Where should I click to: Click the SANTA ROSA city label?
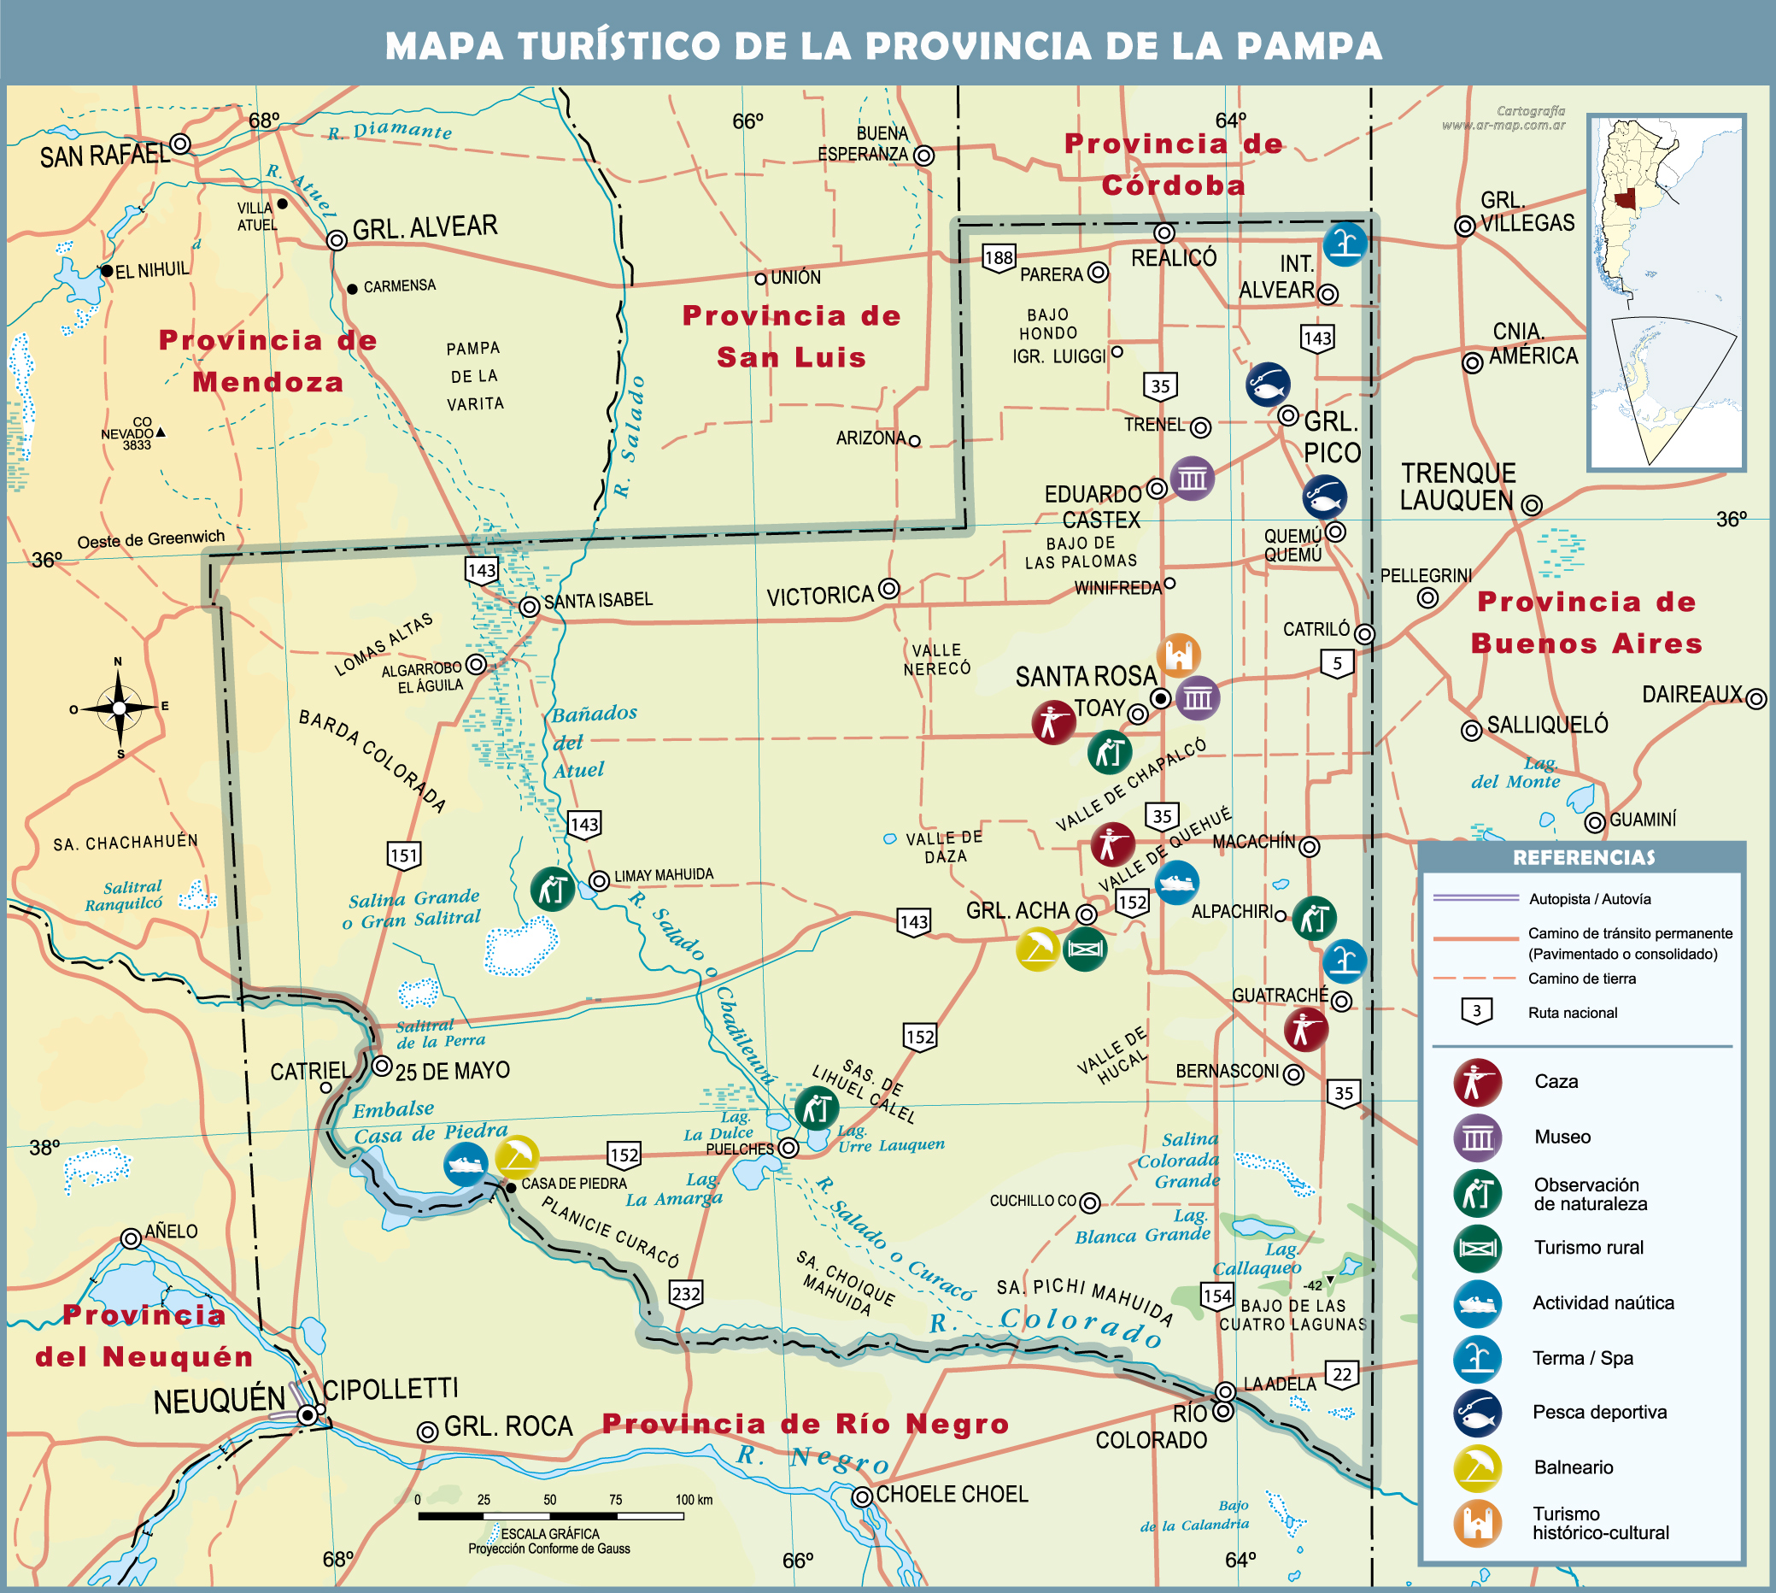(1085, 677)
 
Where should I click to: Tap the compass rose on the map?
(119, 708)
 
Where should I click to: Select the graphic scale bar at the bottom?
(550, 1515)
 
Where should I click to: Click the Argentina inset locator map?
(1666, 292)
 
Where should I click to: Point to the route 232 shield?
(686, 1294)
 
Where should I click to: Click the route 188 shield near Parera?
(999, 257)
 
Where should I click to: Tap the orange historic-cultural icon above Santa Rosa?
(1179, 655)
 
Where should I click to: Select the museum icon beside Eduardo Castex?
(1192, 478)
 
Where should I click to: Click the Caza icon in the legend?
(1478, 1083)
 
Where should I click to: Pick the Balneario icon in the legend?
(1478, 1468)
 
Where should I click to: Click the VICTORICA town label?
(820, 596)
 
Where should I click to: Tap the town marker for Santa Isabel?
(530, 607)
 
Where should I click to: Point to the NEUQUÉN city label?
(219, 1401)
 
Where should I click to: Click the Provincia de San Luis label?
(791, 336)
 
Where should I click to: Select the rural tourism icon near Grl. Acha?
(1085, 949)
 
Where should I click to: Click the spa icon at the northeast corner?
(1345, 244)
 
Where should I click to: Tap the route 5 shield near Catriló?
(1337, 663)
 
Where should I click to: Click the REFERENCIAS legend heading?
(1584, 858)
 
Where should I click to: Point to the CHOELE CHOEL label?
(952, 1494)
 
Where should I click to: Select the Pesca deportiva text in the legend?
(1599, 1412)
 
